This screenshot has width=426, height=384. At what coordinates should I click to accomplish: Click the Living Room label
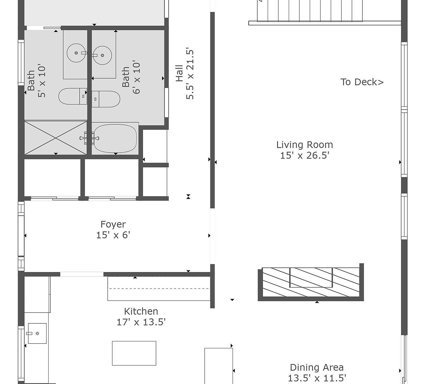coord(304,145)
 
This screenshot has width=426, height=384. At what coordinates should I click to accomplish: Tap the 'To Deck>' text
coord(362,82)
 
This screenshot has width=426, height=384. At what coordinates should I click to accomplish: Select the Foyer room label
coord(113,224)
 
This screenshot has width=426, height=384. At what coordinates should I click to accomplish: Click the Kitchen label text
coord(141,311)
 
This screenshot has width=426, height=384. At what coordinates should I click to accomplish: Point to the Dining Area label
coord(316,367)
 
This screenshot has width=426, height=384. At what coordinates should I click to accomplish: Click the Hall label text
coord(179,73)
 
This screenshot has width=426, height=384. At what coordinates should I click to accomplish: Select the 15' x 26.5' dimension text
coord(304,155)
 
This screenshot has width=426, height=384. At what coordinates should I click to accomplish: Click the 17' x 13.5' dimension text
coord(141,322)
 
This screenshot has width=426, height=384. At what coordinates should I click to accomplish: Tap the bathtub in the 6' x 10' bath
coord(115,138)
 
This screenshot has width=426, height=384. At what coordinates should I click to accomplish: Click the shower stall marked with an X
coord(55,138)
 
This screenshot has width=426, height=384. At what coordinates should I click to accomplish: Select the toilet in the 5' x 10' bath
coord(72,96)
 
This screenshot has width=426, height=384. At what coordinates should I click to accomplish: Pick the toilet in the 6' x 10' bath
coord(106,99)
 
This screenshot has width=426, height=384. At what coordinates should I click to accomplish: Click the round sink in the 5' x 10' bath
coord(77,53)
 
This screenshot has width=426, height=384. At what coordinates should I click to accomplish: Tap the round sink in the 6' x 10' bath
coord(102,55)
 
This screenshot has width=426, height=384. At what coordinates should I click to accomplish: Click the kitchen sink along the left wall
coord(37,333)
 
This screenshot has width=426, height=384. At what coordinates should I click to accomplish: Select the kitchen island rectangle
coord(134,353)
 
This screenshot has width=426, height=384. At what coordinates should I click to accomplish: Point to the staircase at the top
coord(310,11)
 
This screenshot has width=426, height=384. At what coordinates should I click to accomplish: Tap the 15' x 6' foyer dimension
coord(113,235)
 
